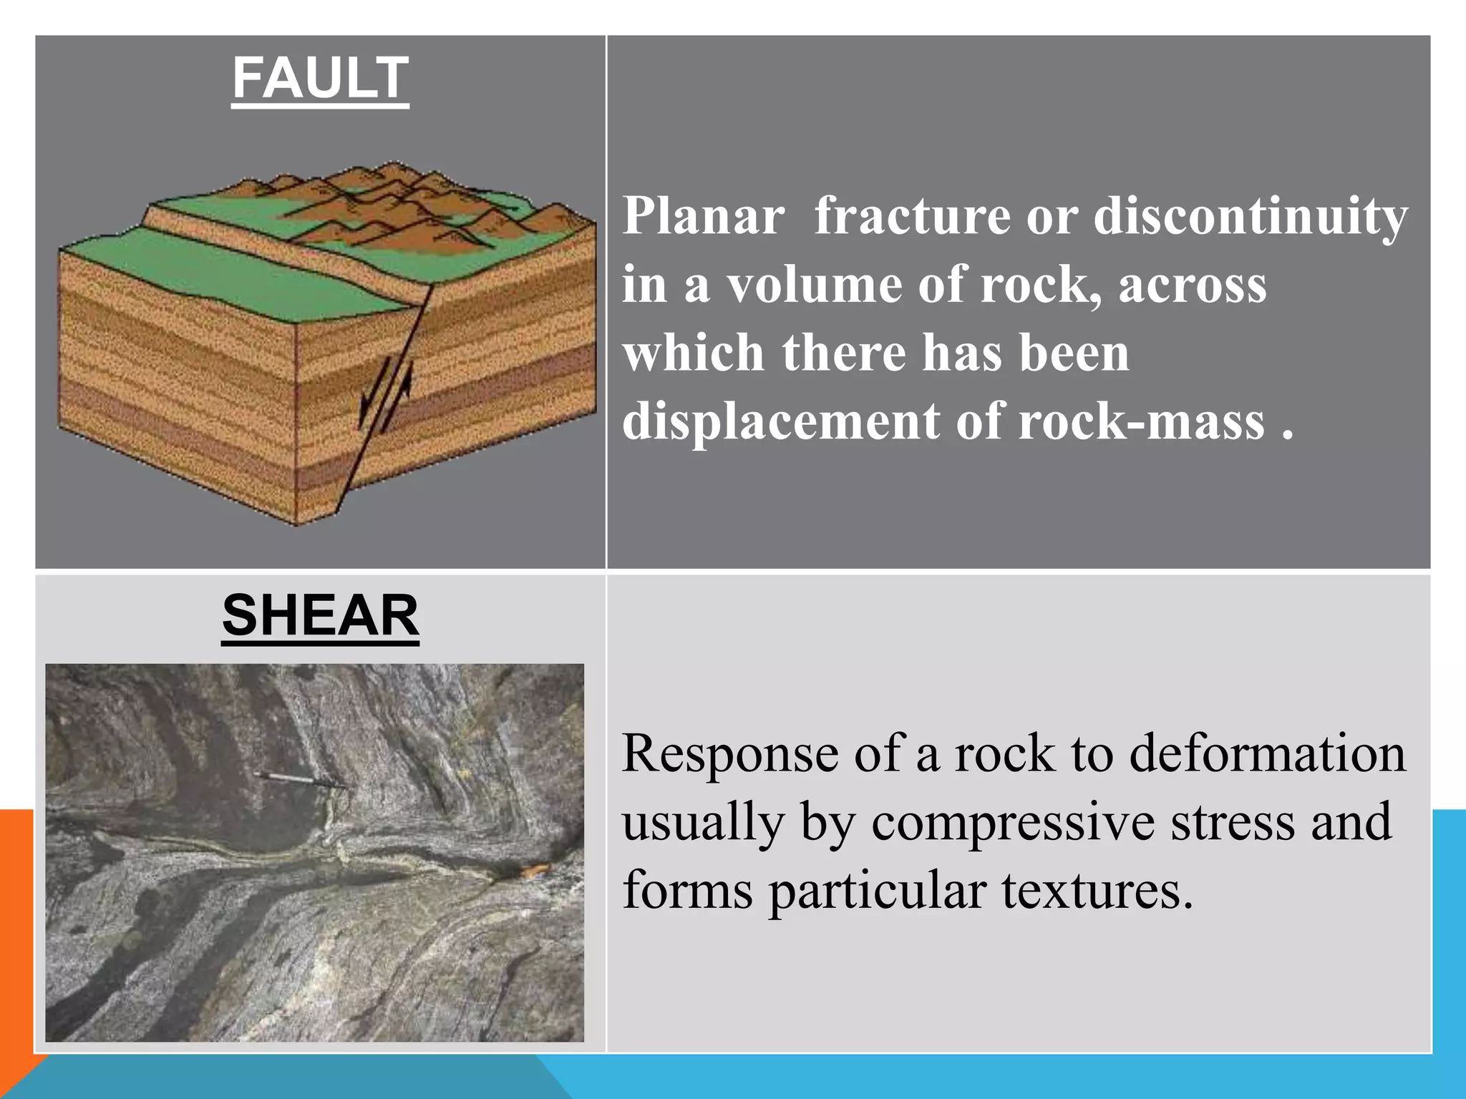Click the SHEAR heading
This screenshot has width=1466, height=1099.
[x=320, y=616]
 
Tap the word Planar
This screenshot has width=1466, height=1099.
[x=703, y=215]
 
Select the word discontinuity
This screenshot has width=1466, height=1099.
[x=1251, y=217]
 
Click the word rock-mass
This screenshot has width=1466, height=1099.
[x=1142, y=422]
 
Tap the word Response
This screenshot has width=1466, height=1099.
[x=730, y=754]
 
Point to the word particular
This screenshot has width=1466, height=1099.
[x=877, y=892]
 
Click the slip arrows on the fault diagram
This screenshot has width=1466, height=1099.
[x=387, y=396]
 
